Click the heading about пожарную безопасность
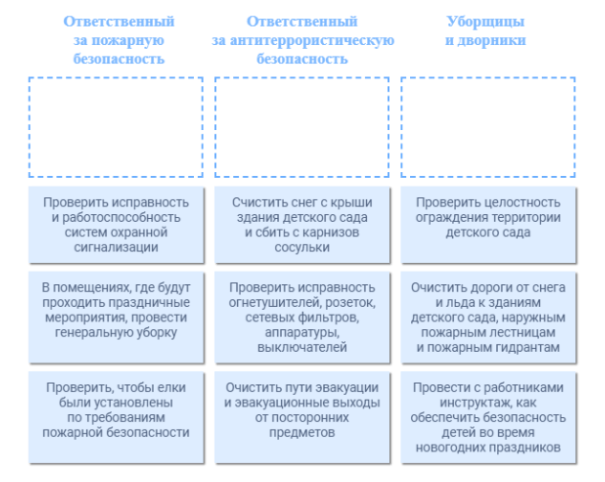coord(119,39)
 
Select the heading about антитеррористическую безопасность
coord(302,39)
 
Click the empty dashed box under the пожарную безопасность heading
coord(117,127)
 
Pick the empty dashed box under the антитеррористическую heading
coord(302,127)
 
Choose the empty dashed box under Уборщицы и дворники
coord(487,127)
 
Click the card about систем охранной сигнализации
coord(117,225)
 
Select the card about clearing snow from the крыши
coord(302,225)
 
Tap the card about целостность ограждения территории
coord(487,225)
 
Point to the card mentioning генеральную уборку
coord(117,318)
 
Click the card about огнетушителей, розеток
coord(302,318)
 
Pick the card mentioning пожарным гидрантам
coord(487,318)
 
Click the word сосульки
coord(302,248)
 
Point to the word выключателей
coord(302,348)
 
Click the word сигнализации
coord(118,248)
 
